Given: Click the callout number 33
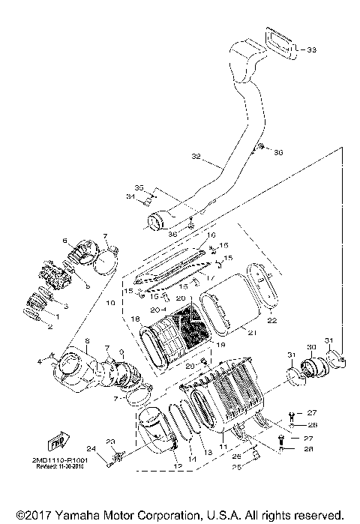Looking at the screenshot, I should pyautogui.click(x=311, y=50).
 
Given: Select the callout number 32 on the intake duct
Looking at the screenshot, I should pyautogui.click(x=196, y=157).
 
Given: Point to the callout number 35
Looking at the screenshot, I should pyautogui.click(x=138, y=187).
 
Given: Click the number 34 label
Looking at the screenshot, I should pyautogui.click(x=130, y=198).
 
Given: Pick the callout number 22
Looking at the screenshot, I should pyautogui.click(x=272, y=321).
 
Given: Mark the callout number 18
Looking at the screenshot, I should pyautogui.click(x=135, y=319).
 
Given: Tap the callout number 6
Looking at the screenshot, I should pyautogui.click(x=65, y=241).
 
